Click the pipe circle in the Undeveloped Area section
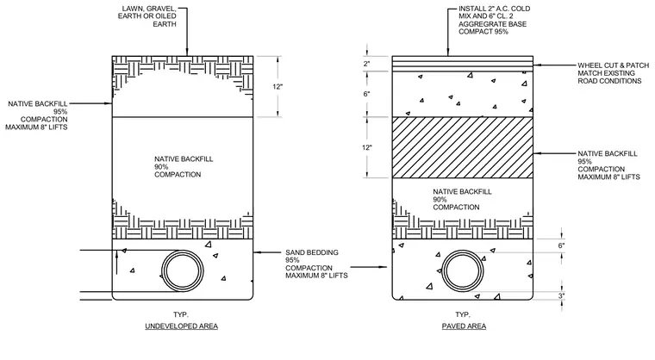coord(162,270)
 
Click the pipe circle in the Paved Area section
coord(442,270)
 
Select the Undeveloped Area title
coord(181,326)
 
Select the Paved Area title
coord(464,326)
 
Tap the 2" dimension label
coord(367,64)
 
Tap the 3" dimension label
coord(561,296)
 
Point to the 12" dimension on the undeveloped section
coord(278,87)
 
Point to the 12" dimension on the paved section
coord(367,147)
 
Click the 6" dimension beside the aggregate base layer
coord(366,94)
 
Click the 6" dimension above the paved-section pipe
coord(561,245)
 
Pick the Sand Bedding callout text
coord(316,264)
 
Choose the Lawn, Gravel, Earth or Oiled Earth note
coord(147,16)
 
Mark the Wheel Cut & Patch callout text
coord(614,73)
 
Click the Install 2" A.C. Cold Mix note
coord(494,20)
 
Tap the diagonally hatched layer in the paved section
coord(463,147)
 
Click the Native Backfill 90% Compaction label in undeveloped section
coord(178,166)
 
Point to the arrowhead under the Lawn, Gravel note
coord(187,53)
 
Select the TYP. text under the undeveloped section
coord(181,314)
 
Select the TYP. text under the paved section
coord(463,314)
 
